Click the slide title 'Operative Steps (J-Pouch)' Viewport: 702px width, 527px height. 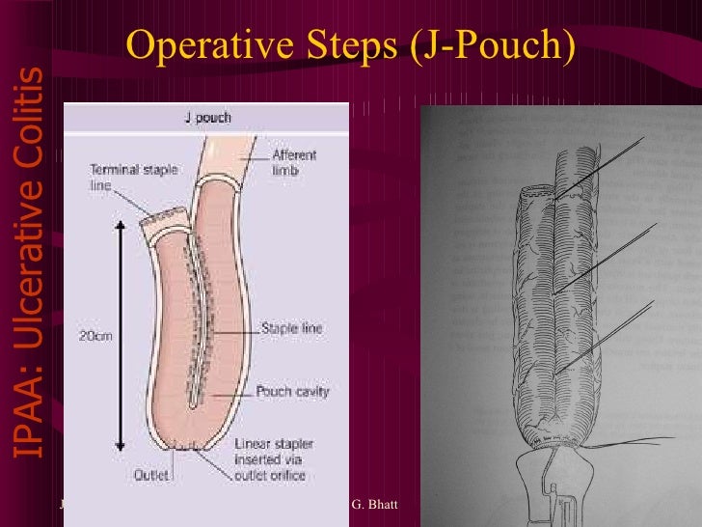(x=351, y=44)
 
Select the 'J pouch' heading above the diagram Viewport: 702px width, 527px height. (x=207, y=118)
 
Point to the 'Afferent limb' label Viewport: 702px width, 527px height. (x=294, y=162)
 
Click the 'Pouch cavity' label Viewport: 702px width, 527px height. (x=292, y=392)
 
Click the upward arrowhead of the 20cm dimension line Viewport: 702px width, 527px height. (x=121, y=225)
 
